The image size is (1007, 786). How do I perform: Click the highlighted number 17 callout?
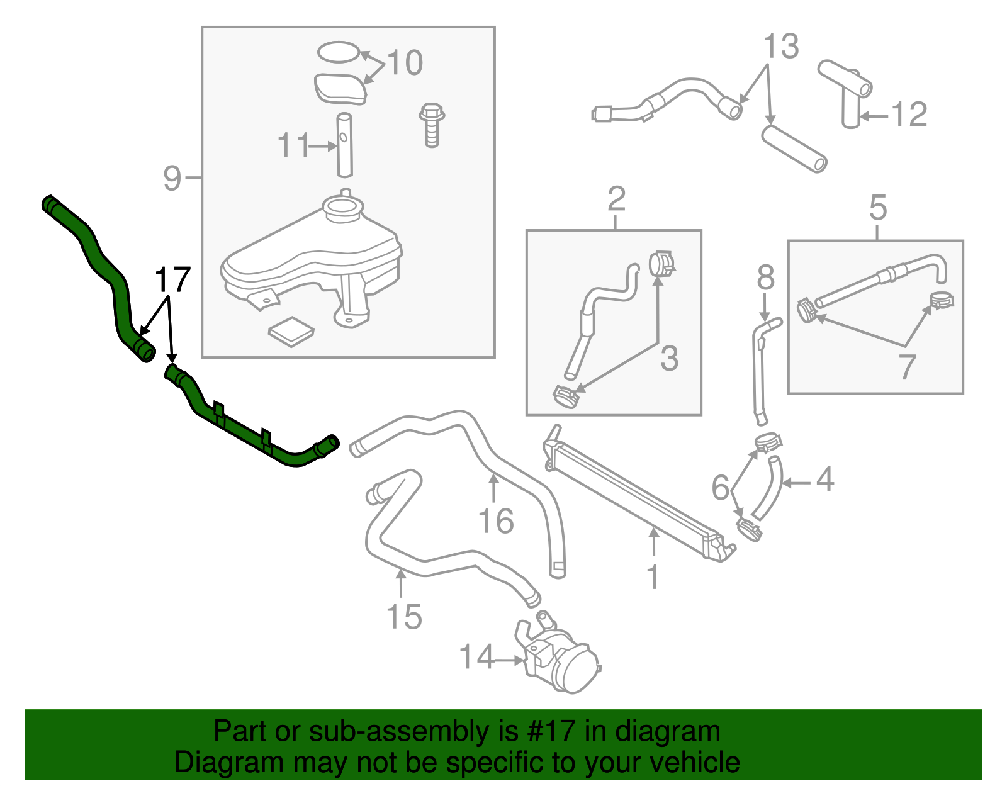tap(172, 280)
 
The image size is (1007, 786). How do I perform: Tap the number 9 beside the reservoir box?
tap(172, 179)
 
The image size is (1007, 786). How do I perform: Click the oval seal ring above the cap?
tap(339, 52)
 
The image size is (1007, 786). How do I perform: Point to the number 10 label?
tap(405, 63)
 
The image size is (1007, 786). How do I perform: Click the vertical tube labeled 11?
tap(344, 145)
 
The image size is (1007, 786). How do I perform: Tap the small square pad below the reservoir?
tap(291, 331)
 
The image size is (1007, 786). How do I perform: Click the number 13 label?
tap(781, 47)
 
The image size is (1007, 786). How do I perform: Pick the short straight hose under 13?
tap(794, 149)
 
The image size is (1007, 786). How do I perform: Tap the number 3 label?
tap(670, 359)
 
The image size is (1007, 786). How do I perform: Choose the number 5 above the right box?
tap(878, 208)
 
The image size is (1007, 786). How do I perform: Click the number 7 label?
tap(907, 367)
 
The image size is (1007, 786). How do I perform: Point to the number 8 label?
tap(765, 278)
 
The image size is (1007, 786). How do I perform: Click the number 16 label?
tap(496, 522)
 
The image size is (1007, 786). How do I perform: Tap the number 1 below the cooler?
tap(653, 577)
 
